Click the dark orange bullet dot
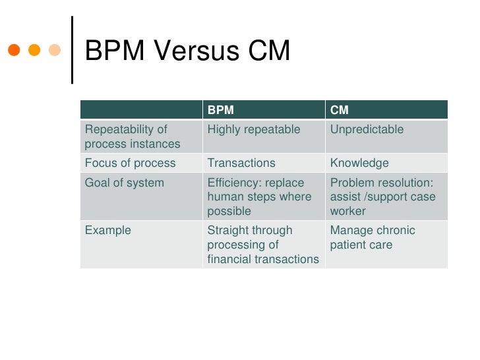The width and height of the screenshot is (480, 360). [14, 50]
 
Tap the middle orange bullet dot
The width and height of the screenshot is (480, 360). [34, 50]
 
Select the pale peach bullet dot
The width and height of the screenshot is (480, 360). [55, 50]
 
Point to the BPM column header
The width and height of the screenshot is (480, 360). [220, 110]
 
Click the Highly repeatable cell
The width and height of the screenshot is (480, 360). [254, 130]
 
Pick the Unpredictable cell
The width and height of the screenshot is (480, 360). [367, 130]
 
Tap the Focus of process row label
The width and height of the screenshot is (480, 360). [131, 164]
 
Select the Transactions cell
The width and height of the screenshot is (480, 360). [241, 164]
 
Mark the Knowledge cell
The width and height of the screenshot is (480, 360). [359, 164]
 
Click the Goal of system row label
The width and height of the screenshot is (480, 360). [125, 183]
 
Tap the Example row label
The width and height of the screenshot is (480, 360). [108, 231]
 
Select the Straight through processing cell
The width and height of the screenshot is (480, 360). [262, 245]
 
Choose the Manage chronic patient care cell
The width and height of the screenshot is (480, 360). [373, 237]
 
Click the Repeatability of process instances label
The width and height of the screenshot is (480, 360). [133, 136]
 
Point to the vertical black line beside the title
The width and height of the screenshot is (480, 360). [72, 49]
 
